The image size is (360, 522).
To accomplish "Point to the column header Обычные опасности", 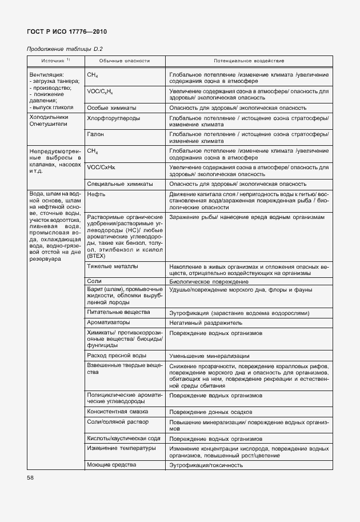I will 125,61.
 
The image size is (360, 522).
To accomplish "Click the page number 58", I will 31,477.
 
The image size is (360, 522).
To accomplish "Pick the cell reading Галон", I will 95,133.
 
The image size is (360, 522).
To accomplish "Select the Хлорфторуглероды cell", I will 113,118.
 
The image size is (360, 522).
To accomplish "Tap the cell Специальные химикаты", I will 119,184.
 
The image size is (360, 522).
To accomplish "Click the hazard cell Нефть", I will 96,194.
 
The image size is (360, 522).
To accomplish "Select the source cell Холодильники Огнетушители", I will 49,121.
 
